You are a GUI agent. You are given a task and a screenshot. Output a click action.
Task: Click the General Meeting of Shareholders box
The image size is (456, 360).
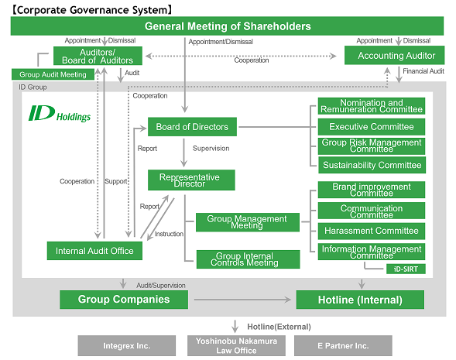(x=228, y=26)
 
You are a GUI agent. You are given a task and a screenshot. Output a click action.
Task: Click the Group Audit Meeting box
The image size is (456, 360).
(x=53, y=75)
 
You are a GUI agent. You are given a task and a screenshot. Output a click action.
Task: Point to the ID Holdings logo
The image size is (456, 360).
(x=59, y=115)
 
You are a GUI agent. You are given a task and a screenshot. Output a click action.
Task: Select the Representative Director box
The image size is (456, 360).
(x=191, y=180)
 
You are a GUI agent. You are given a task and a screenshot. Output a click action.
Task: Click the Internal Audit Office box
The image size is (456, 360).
(x=94, y=250)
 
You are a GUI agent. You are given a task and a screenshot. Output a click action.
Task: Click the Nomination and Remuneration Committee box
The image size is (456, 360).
(x=372, y=107)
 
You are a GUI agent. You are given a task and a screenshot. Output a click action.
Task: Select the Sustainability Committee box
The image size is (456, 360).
(x=372, y=164)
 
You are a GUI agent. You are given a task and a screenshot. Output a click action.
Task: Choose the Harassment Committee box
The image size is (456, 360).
(x=372, y=231)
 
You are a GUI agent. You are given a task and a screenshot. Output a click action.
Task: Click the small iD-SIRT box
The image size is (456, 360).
(x=406, y=268)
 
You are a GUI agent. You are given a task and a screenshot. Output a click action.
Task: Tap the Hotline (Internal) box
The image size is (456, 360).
(x=360, y=300)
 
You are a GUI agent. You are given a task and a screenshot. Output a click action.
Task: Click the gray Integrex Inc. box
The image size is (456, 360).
(x=126, y=345)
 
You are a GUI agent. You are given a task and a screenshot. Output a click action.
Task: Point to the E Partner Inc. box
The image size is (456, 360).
(x=344, y=345)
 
